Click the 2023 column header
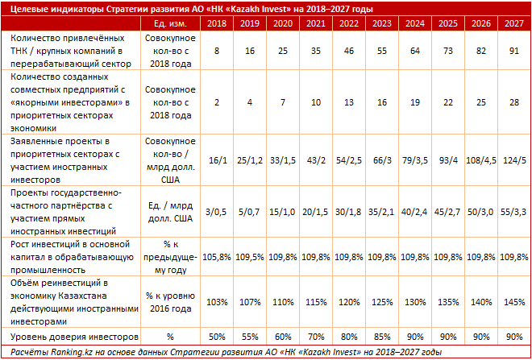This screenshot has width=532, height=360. [382, 23]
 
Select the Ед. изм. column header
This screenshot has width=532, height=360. [170, 23]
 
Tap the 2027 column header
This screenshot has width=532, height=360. [514, 23]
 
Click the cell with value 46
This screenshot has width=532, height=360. [349, 51]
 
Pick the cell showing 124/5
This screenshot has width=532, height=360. [514, 160]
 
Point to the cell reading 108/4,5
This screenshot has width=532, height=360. [480, 160]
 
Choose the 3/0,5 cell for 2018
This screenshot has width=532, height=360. [217, 212]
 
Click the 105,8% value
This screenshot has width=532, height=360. [217, 257]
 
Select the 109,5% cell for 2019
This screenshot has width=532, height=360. [250, 257]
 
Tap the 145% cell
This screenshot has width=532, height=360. [514, 302]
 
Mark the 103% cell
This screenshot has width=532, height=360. [217, 302]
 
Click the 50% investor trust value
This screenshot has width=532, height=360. [217, 337]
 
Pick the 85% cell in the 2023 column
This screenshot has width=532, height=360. [382, 337]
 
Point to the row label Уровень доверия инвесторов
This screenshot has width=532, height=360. [74, 337]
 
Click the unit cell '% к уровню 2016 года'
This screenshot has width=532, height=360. [170, 302]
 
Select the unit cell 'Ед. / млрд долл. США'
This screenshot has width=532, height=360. [170, 212]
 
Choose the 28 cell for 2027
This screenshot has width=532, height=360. [514, 102]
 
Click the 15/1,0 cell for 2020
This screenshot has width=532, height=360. [283, 212]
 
